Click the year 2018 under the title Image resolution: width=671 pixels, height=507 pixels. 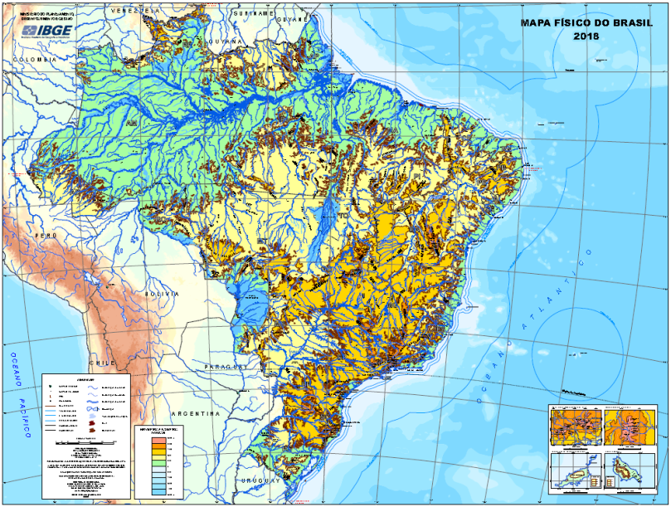pyautogui.click(x=585, y=37)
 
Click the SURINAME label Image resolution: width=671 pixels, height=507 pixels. pyautogui.click(x=252, y=14)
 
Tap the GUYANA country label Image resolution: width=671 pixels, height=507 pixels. pyautogui.click(x=226, y=40)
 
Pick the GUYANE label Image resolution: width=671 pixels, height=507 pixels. pyautogui.click(x=291, y=17)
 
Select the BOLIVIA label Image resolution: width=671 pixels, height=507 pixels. pyautogui.click(x=163, y=294)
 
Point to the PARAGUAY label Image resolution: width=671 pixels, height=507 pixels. pyautogui.click(x=220, y=366)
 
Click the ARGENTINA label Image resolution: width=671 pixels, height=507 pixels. pyautogui.click(x=195, y=412)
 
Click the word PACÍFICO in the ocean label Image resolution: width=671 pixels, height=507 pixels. pyautogui.click(x=24, y=420)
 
